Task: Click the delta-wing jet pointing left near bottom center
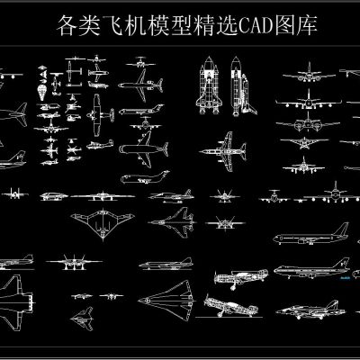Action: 174,295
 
